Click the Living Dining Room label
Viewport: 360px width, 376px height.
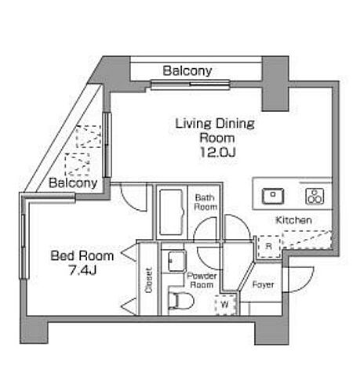point(215,131)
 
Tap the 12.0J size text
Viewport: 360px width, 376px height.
point(218,152)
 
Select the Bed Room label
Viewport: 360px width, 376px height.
point(82,255)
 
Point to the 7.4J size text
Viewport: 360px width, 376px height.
point(82,270)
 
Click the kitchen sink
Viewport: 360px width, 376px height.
point(273,196)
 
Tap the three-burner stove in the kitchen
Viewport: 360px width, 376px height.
point(315,196)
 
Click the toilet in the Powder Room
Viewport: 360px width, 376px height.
point(181,301)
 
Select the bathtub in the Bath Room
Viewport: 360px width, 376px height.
point(171,212)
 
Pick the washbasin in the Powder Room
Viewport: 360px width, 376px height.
point(176,261)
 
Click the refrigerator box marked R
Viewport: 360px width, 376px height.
point(269,246)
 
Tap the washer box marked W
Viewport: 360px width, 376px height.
point(225,305)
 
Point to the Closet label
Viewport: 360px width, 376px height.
point(148,280)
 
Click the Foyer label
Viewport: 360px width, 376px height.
point(263,284)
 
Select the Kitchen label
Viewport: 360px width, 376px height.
point(294,220)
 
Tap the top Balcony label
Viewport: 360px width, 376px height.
point(187,70)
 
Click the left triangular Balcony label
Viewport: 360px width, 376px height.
point(73,183)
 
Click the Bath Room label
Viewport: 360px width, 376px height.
point(205,202)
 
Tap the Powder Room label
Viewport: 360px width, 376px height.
point(202,280)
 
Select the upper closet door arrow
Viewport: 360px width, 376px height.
point(129,252)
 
